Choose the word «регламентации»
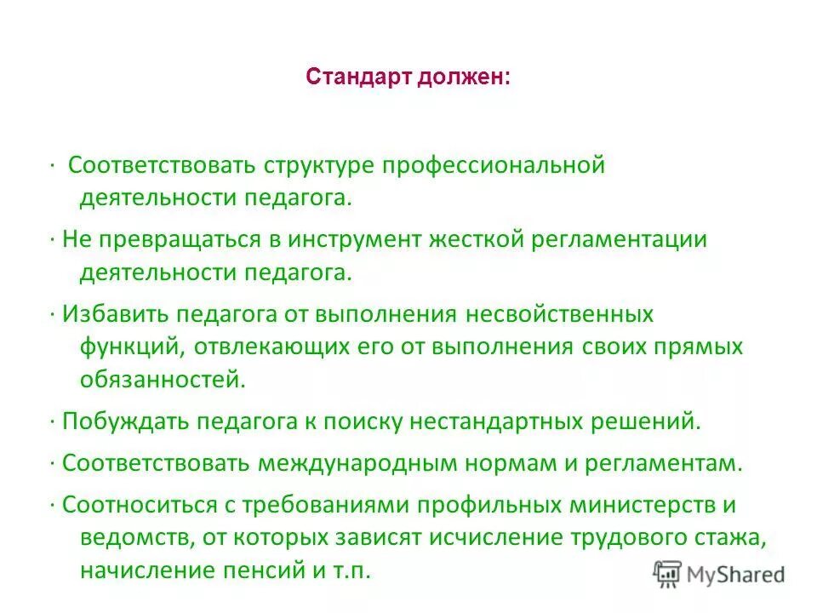(620, 239)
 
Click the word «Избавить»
(114, 314)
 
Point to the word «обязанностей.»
(163, 379)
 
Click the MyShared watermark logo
(719, 575)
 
